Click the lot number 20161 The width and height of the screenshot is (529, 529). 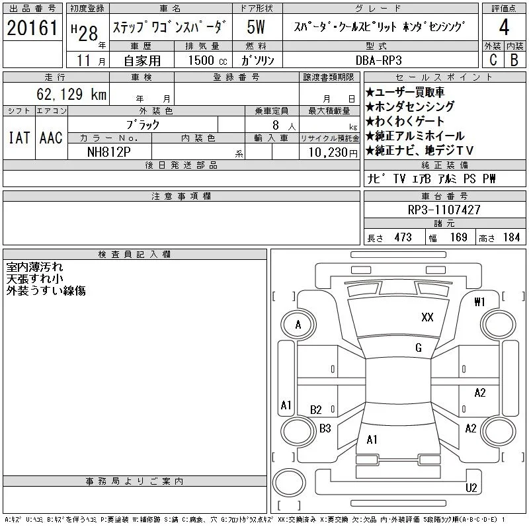32,28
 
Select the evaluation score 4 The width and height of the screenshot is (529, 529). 504,27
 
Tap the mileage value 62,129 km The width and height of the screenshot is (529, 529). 71,94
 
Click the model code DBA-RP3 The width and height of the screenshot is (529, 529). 379,60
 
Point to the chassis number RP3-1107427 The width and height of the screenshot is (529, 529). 444,210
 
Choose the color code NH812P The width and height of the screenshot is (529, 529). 108,152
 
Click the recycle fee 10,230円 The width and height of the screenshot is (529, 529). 333,152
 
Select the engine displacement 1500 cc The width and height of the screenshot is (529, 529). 208,60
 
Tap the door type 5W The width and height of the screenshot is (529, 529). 256,27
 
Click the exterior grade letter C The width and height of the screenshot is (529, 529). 493,60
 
